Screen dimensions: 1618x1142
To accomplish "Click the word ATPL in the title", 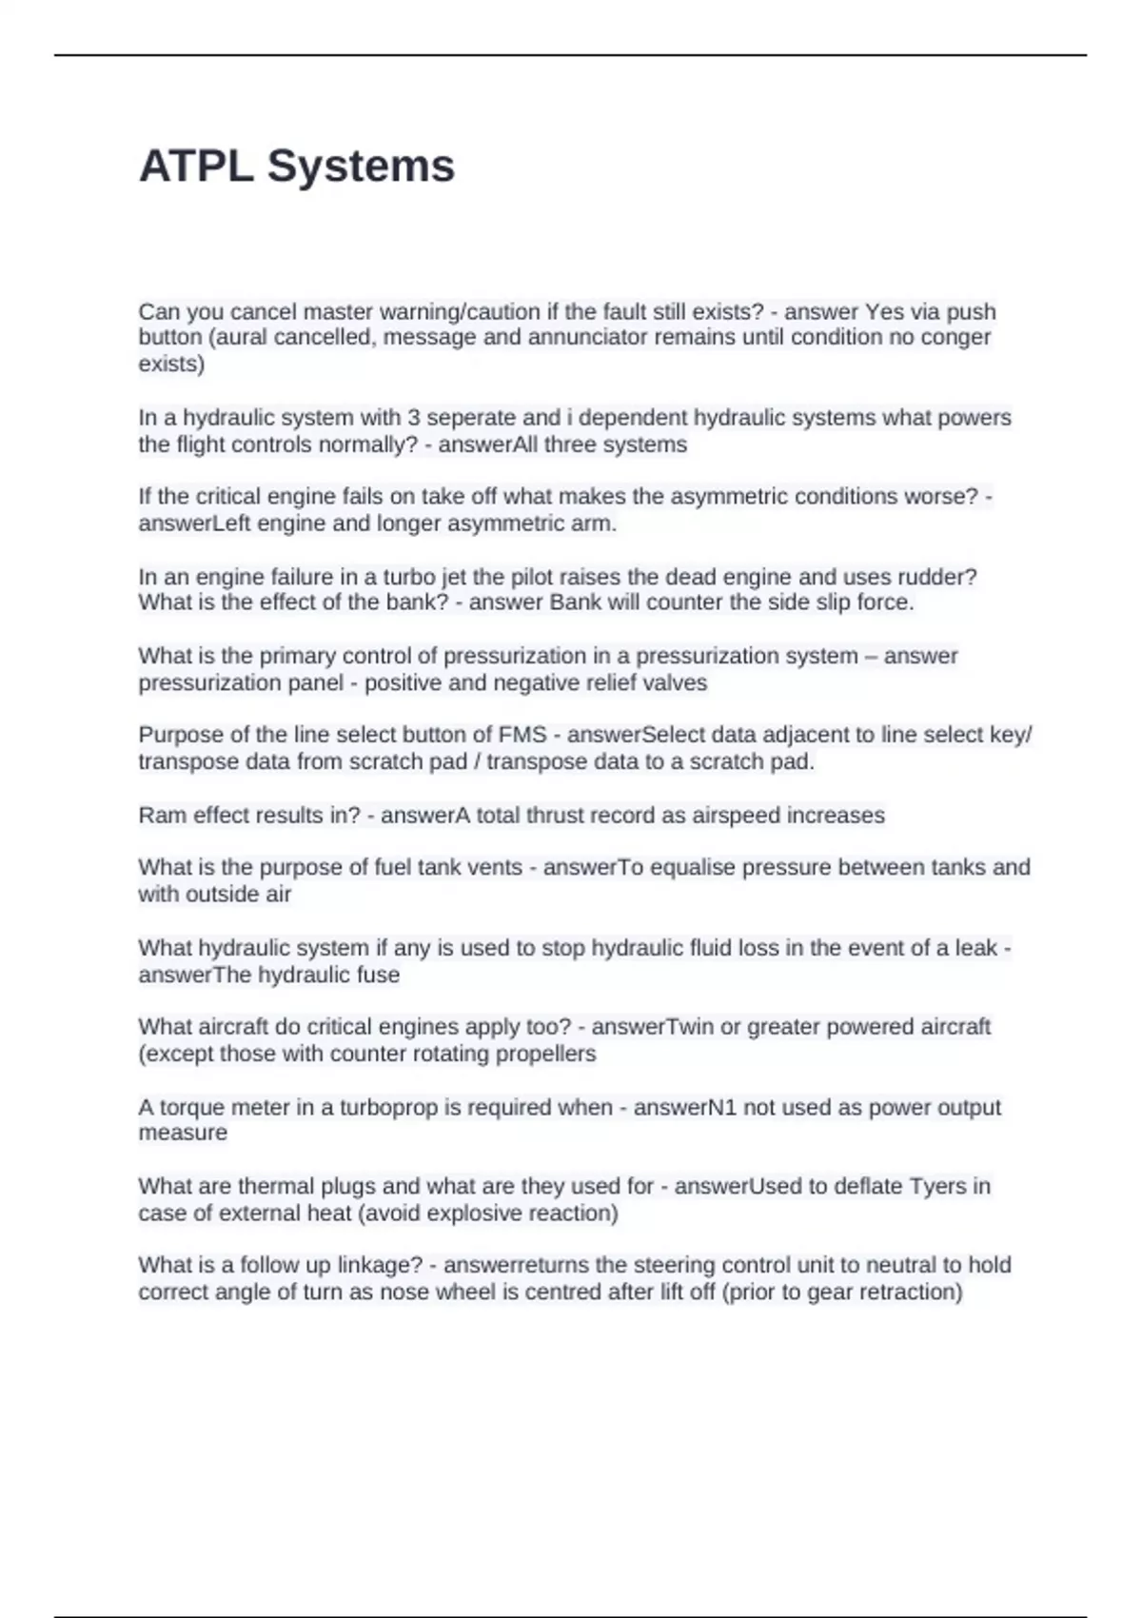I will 196,167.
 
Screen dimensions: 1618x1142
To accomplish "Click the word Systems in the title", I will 361,167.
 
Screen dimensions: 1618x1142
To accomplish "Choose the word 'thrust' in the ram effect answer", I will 544,816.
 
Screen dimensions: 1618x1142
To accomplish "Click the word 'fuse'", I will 379,976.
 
